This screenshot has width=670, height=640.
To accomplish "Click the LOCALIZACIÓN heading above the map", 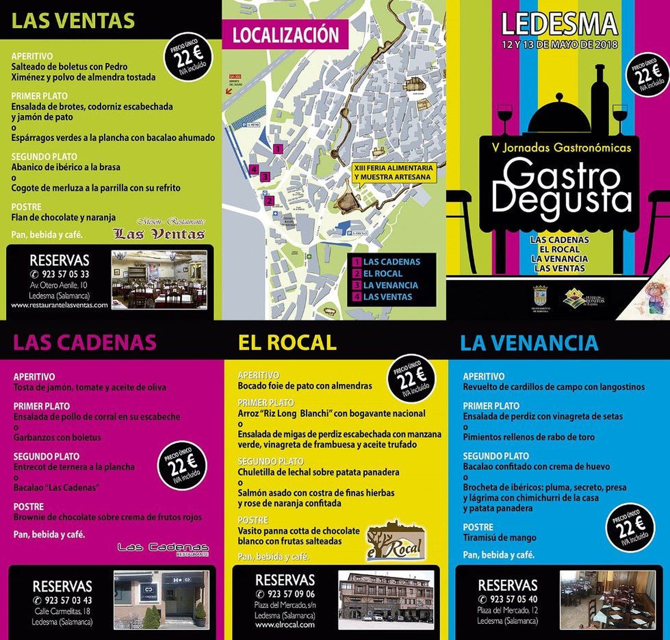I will (286, 35).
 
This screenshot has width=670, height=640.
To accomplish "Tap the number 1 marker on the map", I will (278, 149).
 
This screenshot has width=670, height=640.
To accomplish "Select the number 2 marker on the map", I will (269, 201).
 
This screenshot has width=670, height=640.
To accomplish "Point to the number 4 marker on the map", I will (253, 170).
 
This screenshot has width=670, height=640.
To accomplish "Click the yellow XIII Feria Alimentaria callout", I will (393, 172).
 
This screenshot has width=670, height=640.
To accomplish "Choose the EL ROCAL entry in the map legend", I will (382, 274).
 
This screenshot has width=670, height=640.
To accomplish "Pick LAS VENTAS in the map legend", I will (387, 297).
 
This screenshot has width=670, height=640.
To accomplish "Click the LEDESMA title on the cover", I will (559, 24).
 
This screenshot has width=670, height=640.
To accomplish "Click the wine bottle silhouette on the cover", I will (600, 96).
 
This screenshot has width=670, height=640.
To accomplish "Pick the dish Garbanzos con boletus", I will (57, 437).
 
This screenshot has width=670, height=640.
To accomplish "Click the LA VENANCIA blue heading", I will (529, 343).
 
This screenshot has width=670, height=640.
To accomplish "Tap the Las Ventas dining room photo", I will (159, 280).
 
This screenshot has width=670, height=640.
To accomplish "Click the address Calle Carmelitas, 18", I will (62, 611).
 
